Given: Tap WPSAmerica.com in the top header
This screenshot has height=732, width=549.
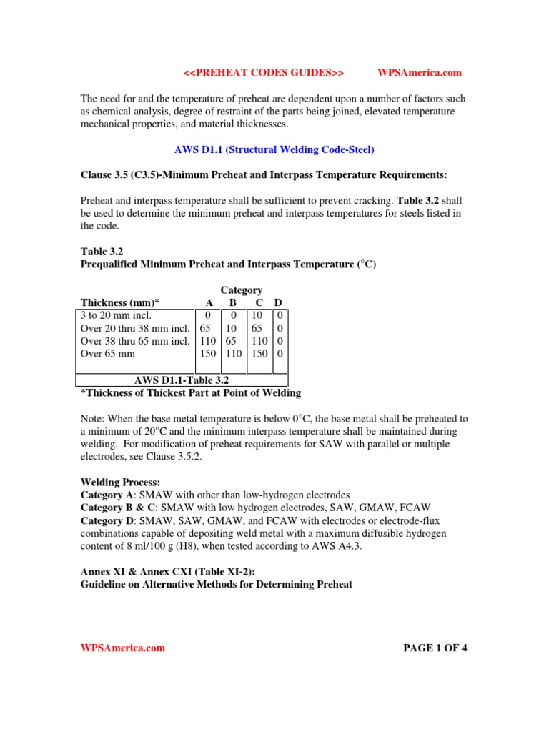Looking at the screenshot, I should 419,72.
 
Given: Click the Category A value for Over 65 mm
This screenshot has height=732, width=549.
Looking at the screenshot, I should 207,353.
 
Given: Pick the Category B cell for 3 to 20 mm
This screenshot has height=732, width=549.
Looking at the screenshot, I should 233,315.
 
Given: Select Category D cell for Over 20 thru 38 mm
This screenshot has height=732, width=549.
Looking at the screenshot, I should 280,327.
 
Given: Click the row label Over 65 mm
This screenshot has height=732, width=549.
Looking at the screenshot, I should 107,353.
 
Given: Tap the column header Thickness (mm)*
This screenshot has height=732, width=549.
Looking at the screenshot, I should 120,302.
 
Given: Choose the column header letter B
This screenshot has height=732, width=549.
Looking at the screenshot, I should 233,302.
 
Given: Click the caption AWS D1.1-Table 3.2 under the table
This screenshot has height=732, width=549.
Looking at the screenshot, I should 182,380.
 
